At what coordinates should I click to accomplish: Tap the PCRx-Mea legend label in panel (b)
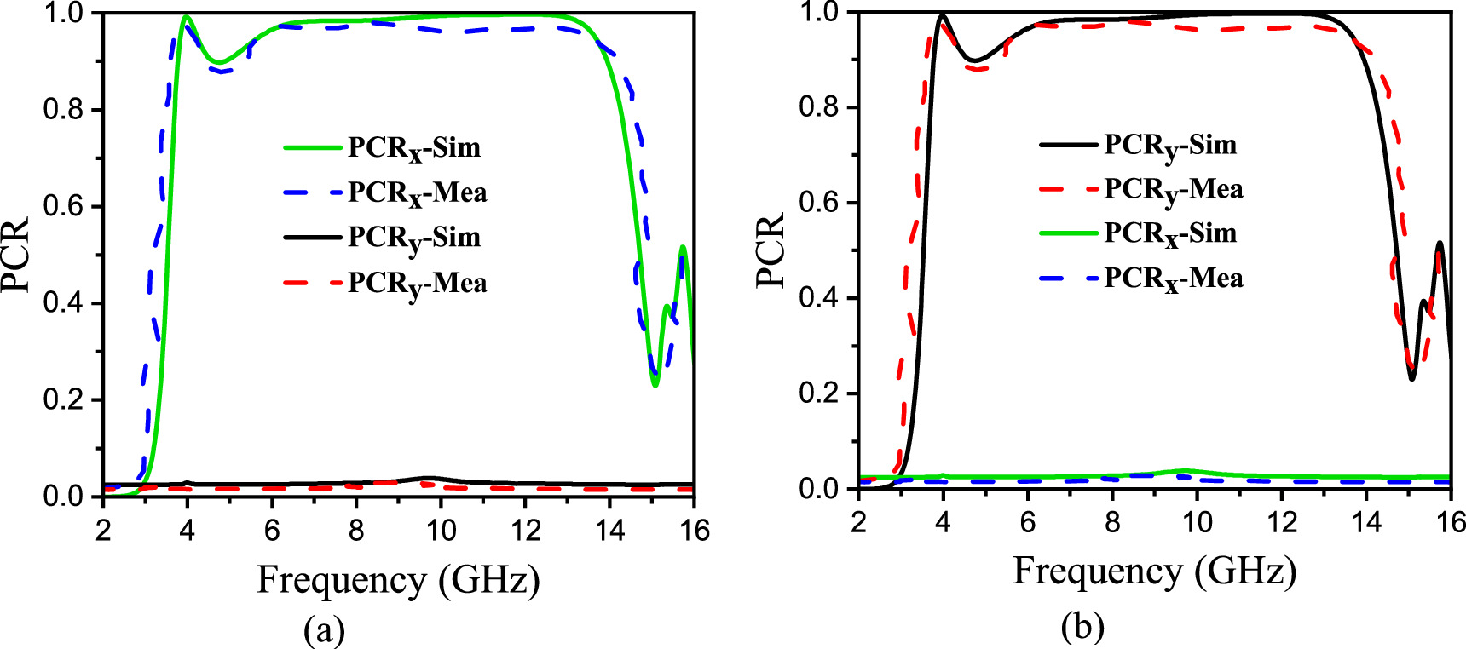[x=1174, y=279]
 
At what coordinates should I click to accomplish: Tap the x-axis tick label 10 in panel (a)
[x=441, y=531]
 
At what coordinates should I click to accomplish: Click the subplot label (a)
[x=325, y=630]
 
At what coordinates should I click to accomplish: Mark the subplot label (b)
[x=1082, y=626]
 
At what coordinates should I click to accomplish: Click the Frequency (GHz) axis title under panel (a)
[x=399, y=581]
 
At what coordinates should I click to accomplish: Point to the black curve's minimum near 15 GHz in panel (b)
[x=1411, y=379]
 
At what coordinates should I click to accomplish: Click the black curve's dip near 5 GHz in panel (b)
[x=977, y=60]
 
